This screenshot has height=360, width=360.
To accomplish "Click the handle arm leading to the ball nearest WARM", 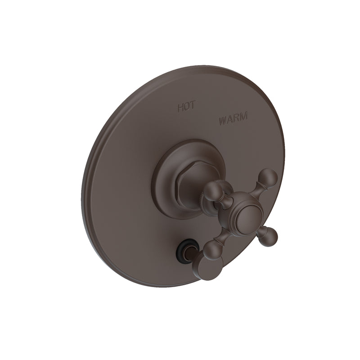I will click(x=257, y=189).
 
